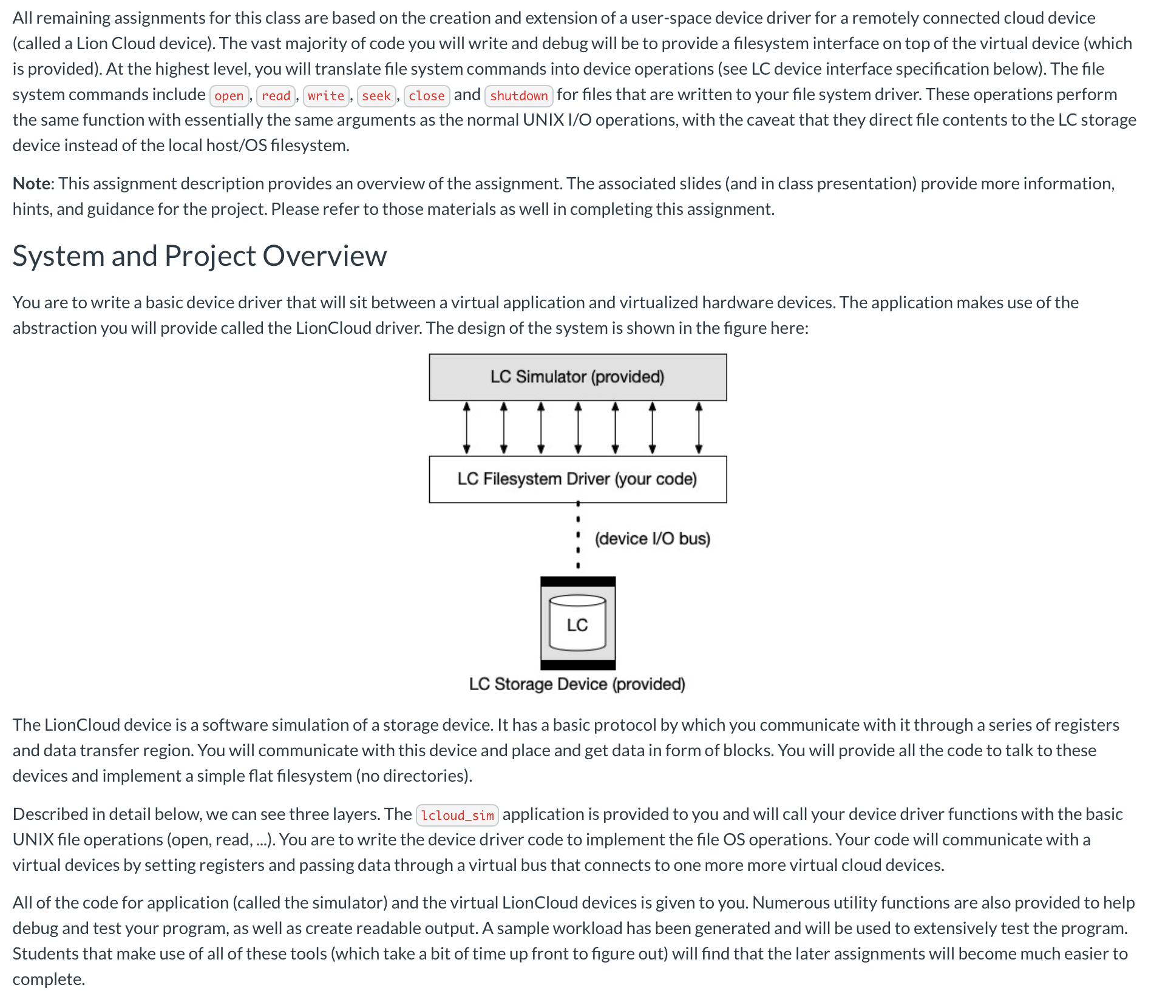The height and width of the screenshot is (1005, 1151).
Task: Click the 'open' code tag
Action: point(229,96)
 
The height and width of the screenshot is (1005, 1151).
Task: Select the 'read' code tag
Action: point(276,96)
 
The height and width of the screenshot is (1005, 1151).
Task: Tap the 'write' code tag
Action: point(326,96)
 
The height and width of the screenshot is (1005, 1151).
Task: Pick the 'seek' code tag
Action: point(376,96)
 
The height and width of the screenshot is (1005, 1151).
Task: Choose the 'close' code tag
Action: point(426,96)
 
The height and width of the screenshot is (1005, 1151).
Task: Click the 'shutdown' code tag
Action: point(518,96)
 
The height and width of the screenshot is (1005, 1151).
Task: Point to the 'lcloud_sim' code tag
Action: point(457,815)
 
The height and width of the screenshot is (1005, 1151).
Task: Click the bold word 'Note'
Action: point(33,183)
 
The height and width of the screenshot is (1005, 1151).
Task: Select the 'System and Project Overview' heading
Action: point(199,255)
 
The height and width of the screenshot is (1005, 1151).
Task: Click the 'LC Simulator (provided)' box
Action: point(577,377)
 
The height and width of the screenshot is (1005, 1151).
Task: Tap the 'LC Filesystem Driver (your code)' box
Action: point(577,479)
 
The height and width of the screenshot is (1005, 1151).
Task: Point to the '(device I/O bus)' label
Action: point(652,538)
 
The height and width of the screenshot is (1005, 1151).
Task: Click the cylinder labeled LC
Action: point(577,623)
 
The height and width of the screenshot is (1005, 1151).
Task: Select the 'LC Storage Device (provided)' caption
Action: point(577,684)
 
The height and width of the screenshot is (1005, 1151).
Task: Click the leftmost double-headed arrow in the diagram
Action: point(466,428)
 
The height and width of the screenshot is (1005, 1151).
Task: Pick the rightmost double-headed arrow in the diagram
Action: point(699,428)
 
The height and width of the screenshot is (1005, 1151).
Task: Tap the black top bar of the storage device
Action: point(577,581)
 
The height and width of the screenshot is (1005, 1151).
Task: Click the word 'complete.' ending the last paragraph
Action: point(49,979)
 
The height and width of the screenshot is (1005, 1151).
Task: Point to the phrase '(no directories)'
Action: point(413,776)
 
